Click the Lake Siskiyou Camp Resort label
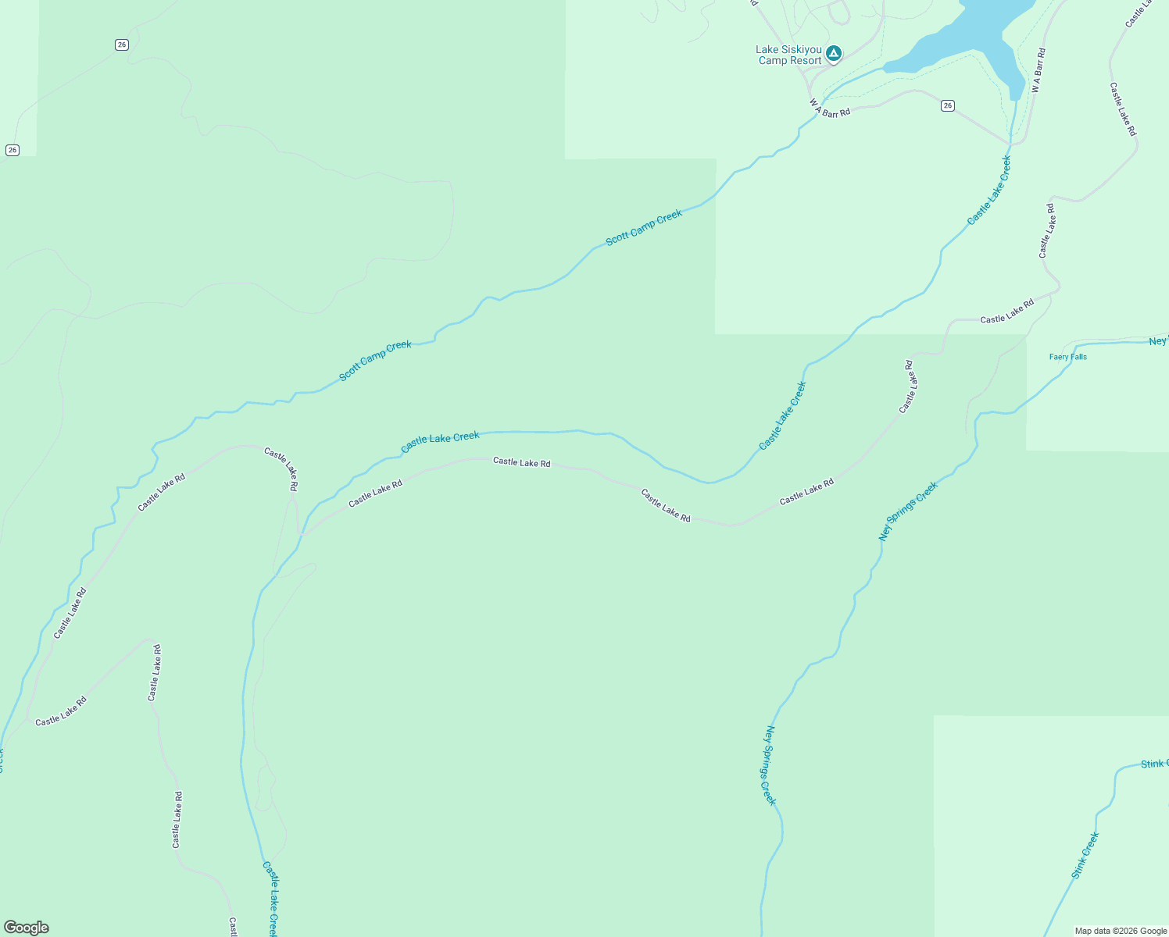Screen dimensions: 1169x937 coord(789,55)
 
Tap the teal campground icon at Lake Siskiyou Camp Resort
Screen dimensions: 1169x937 coord(834,53)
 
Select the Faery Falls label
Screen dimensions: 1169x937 coord(1067,357)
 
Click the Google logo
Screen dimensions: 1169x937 coord(27,928)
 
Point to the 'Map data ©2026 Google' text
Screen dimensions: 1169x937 coord(1121,931)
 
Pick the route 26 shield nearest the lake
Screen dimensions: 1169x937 coord(947,105)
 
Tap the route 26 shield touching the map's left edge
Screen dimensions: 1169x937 coord(12,150)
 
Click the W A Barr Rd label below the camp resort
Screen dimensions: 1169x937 coord(829,109)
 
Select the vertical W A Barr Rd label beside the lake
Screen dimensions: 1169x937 coord(1038,70)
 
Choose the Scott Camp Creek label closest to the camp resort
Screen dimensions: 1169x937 coord(644,227)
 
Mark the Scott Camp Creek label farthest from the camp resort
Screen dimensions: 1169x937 coord(375,361)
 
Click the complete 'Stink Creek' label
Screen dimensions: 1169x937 coord(1085,856)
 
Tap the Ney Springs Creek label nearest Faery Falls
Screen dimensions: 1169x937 coord(908,511)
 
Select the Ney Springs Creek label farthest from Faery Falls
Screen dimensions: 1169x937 coord(770,765)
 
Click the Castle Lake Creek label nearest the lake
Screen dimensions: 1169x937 coord(989,190)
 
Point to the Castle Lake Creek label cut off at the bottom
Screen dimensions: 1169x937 coord(270,898)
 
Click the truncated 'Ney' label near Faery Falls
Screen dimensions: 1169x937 coord(1158,341)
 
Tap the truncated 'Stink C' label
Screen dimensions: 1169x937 coord(1154,764)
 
